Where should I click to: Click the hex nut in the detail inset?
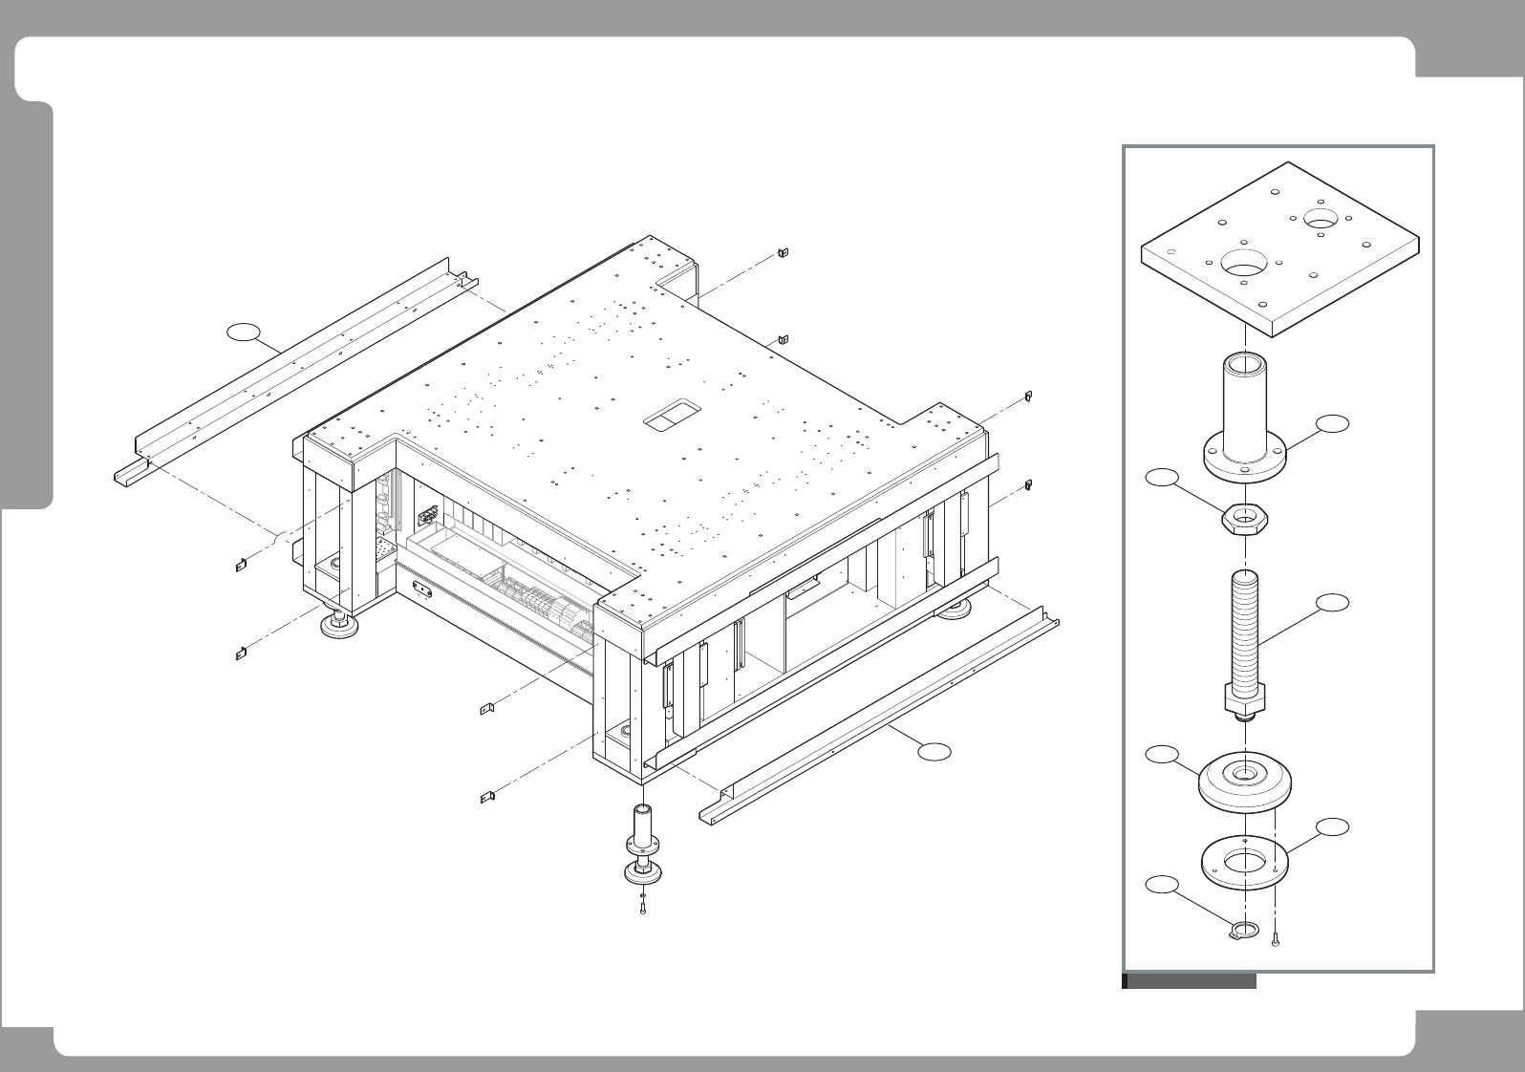1244,521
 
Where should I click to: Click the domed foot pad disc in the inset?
1245,781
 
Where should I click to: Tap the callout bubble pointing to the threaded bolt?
1333,602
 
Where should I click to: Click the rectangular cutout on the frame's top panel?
671,415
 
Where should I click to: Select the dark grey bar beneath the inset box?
1190,981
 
